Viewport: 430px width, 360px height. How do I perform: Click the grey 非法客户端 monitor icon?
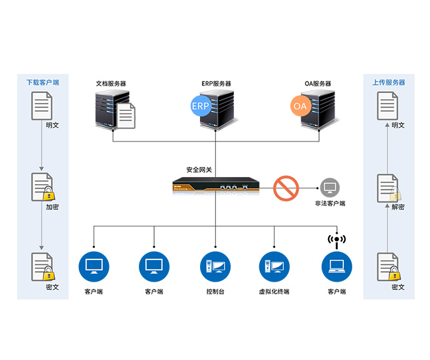[329, 188]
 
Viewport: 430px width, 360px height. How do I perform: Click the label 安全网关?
[199, 170]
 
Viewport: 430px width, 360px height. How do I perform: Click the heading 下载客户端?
[42, 83]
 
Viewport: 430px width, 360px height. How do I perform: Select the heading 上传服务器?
[389, 83]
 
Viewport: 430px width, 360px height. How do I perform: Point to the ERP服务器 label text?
[216, 83]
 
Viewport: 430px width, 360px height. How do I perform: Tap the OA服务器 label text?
[318, 83]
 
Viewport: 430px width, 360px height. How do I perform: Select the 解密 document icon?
[389, 187]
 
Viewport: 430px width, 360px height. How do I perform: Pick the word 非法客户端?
[329, 204]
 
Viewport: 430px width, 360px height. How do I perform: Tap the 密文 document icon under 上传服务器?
[389, 267]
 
